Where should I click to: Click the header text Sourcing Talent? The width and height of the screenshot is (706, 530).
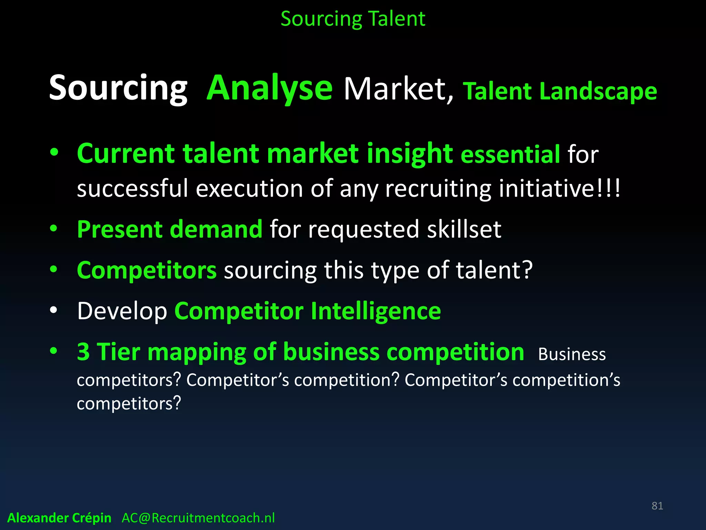353,19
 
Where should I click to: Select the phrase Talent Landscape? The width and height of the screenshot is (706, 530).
560,91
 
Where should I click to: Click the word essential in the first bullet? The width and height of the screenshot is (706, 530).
510,154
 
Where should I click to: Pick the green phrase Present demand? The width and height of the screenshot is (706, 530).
170,229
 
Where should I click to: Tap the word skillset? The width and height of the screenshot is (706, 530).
464,229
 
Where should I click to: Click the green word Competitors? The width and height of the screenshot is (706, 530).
147,270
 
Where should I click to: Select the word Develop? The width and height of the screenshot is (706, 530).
122,311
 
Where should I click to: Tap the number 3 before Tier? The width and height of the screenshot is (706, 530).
83,352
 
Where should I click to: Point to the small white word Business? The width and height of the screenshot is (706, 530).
572,354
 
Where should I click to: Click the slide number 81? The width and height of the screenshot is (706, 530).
657,506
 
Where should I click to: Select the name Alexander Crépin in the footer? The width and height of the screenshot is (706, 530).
59,518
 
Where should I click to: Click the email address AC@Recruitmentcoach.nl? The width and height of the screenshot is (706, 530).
198,518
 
